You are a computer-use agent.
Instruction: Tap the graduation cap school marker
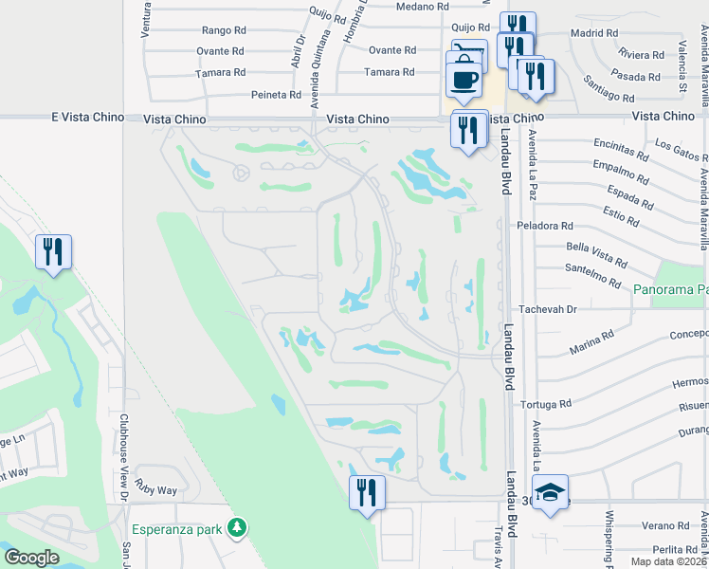(550, 493)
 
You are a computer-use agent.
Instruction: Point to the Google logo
(31, 558)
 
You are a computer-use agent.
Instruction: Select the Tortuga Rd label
(546, 404)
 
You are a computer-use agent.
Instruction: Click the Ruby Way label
(155, 490)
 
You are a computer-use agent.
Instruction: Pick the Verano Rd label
(664, 525)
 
